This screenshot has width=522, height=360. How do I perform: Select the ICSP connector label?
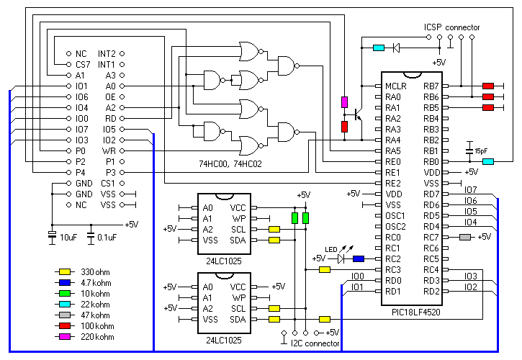tap(451, 27)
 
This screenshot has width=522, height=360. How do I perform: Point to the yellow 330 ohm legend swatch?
tap(65, 271)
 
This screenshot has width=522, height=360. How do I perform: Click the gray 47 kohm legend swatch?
tap(65, 315)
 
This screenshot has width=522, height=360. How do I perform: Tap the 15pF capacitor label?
tap(481, 150)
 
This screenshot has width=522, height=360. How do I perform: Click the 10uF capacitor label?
tap(68, 237)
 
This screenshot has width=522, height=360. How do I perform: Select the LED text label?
tap(331, 249)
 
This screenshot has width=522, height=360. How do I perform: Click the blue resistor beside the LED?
tap(358, 259)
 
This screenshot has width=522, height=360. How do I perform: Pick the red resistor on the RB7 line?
tap(488, 86)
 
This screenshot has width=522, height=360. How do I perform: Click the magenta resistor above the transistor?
tap(344, 102)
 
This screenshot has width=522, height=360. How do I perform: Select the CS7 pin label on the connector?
tap(81, 64)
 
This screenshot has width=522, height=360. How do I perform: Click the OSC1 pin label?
tap(395, 215)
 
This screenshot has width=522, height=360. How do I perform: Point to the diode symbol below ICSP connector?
tap(396, 48)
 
